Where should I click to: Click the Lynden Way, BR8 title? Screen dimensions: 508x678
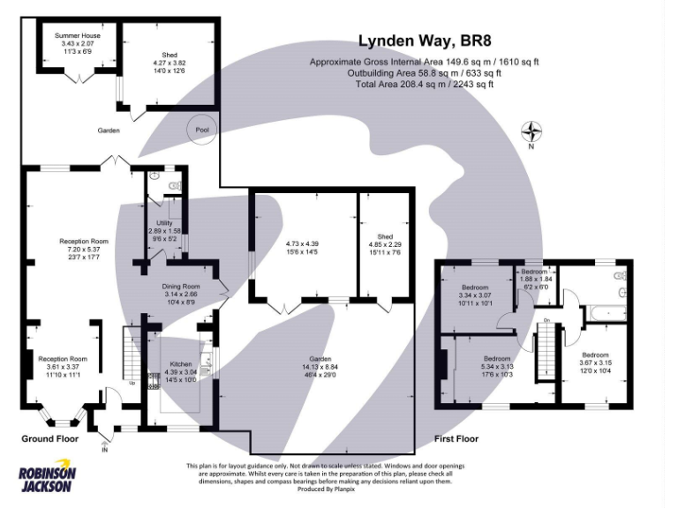pos(424,41)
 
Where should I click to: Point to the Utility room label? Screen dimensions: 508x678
pos(163,222)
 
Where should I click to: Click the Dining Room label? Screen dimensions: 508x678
pos(180,287)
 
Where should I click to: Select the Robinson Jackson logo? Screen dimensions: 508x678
pos(48,477)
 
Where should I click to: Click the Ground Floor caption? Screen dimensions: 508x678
pos(49,438)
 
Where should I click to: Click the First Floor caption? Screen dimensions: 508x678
pos(456,438)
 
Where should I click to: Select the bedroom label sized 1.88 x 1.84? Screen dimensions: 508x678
pos(534,272)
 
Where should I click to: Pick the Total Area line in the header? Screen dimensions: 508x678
pos(424,85)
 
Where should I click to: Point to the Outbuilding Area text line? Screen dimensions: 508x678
pos(424,73)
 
